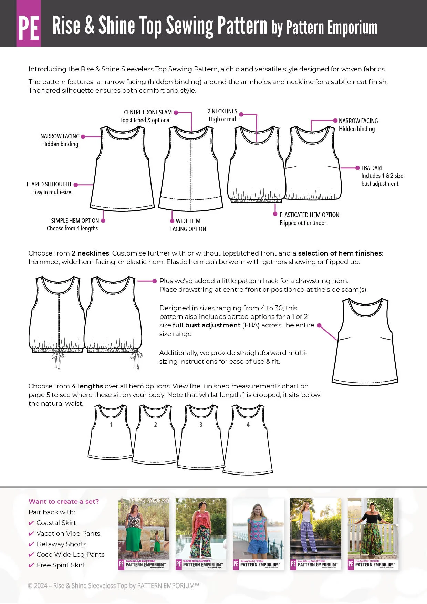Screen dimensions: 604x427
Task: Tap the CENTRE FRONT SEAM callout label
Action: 148,112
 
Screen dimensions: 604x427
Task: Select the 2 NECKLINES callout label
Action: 222,111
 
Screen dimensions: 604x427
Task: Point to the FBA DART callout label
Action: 372,168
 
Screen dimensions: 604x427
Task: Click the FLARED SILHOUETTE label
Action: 50,184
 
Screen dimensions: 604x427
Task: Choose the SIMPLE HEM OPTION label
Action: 75,221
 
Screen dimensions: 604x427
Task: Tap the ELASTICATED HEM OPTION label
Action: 309,215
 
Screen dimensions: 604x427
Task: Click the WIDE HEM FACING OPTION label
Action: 188,225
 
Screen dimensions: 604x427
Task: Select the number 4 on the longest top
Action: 248,425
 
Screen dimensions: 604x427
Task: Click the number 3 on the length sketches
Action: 201,425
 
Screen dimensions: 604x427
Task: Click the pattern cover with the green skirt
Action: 144,534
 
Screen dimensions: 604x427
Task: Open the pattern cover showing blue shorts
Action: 258,534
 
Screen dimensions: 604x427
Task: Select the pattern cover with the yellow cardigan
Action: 316,534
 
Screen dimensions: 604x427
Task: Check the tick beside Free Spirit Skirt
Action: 31,565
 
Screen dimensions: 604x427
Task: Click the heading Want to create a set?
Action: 64,502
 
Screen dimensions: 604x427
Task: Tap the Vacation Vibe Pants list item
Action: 68,533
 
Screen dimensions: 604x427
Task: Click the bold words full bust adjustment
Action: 207,325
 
